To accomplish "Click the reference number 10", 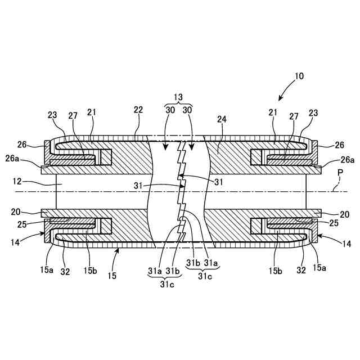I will [x=298, y=75].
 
